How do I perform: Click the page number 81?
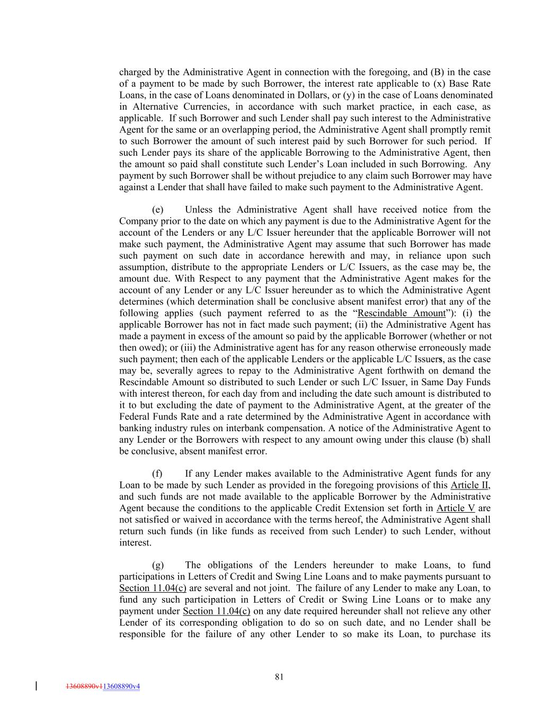[x=279, y=676]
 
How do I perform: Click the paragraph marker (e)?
[x=157, y=210]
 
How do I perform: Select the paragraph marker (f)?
[x=157, y=474]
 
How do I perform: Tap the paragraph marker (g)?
[x=157, y=565]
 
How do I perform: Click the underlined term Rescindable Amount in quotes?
[x=402, y=313]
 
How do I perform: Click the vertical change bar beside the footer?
[x=36, y=686]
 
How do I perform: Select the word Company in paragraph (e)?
[x=138, y=221]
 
